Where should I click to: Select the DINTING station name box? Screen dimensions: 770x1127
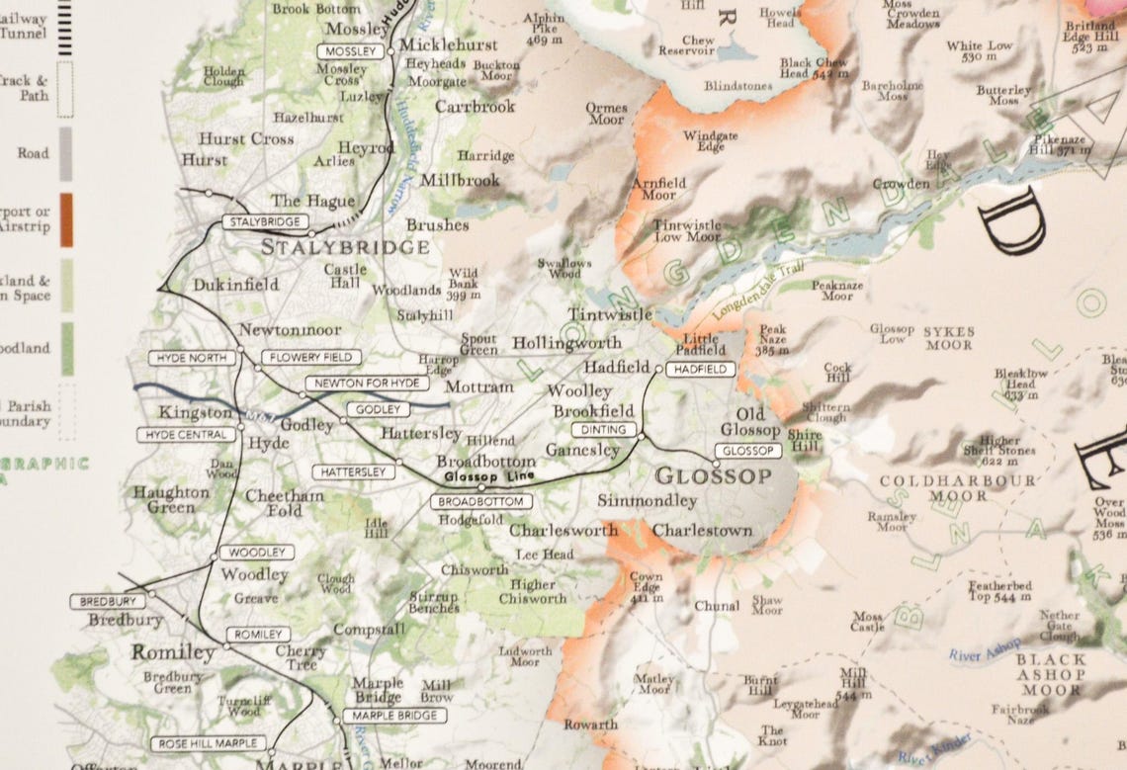click(x=603, y=430)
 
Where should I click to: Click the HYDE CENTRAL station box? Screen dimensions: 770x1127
click(x=186, y=435)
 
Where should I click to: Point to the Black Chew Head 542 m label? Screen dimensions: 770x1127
click(x=814, y=67)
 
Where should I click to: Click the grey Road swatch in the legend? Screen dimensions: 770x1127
click(x=66, y=153)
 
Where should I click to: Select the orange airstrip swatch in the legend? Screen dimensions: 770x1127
click(x=66, y=219)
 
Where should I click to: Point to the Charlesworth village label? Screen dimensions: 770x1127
click(x=563, y=530)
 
